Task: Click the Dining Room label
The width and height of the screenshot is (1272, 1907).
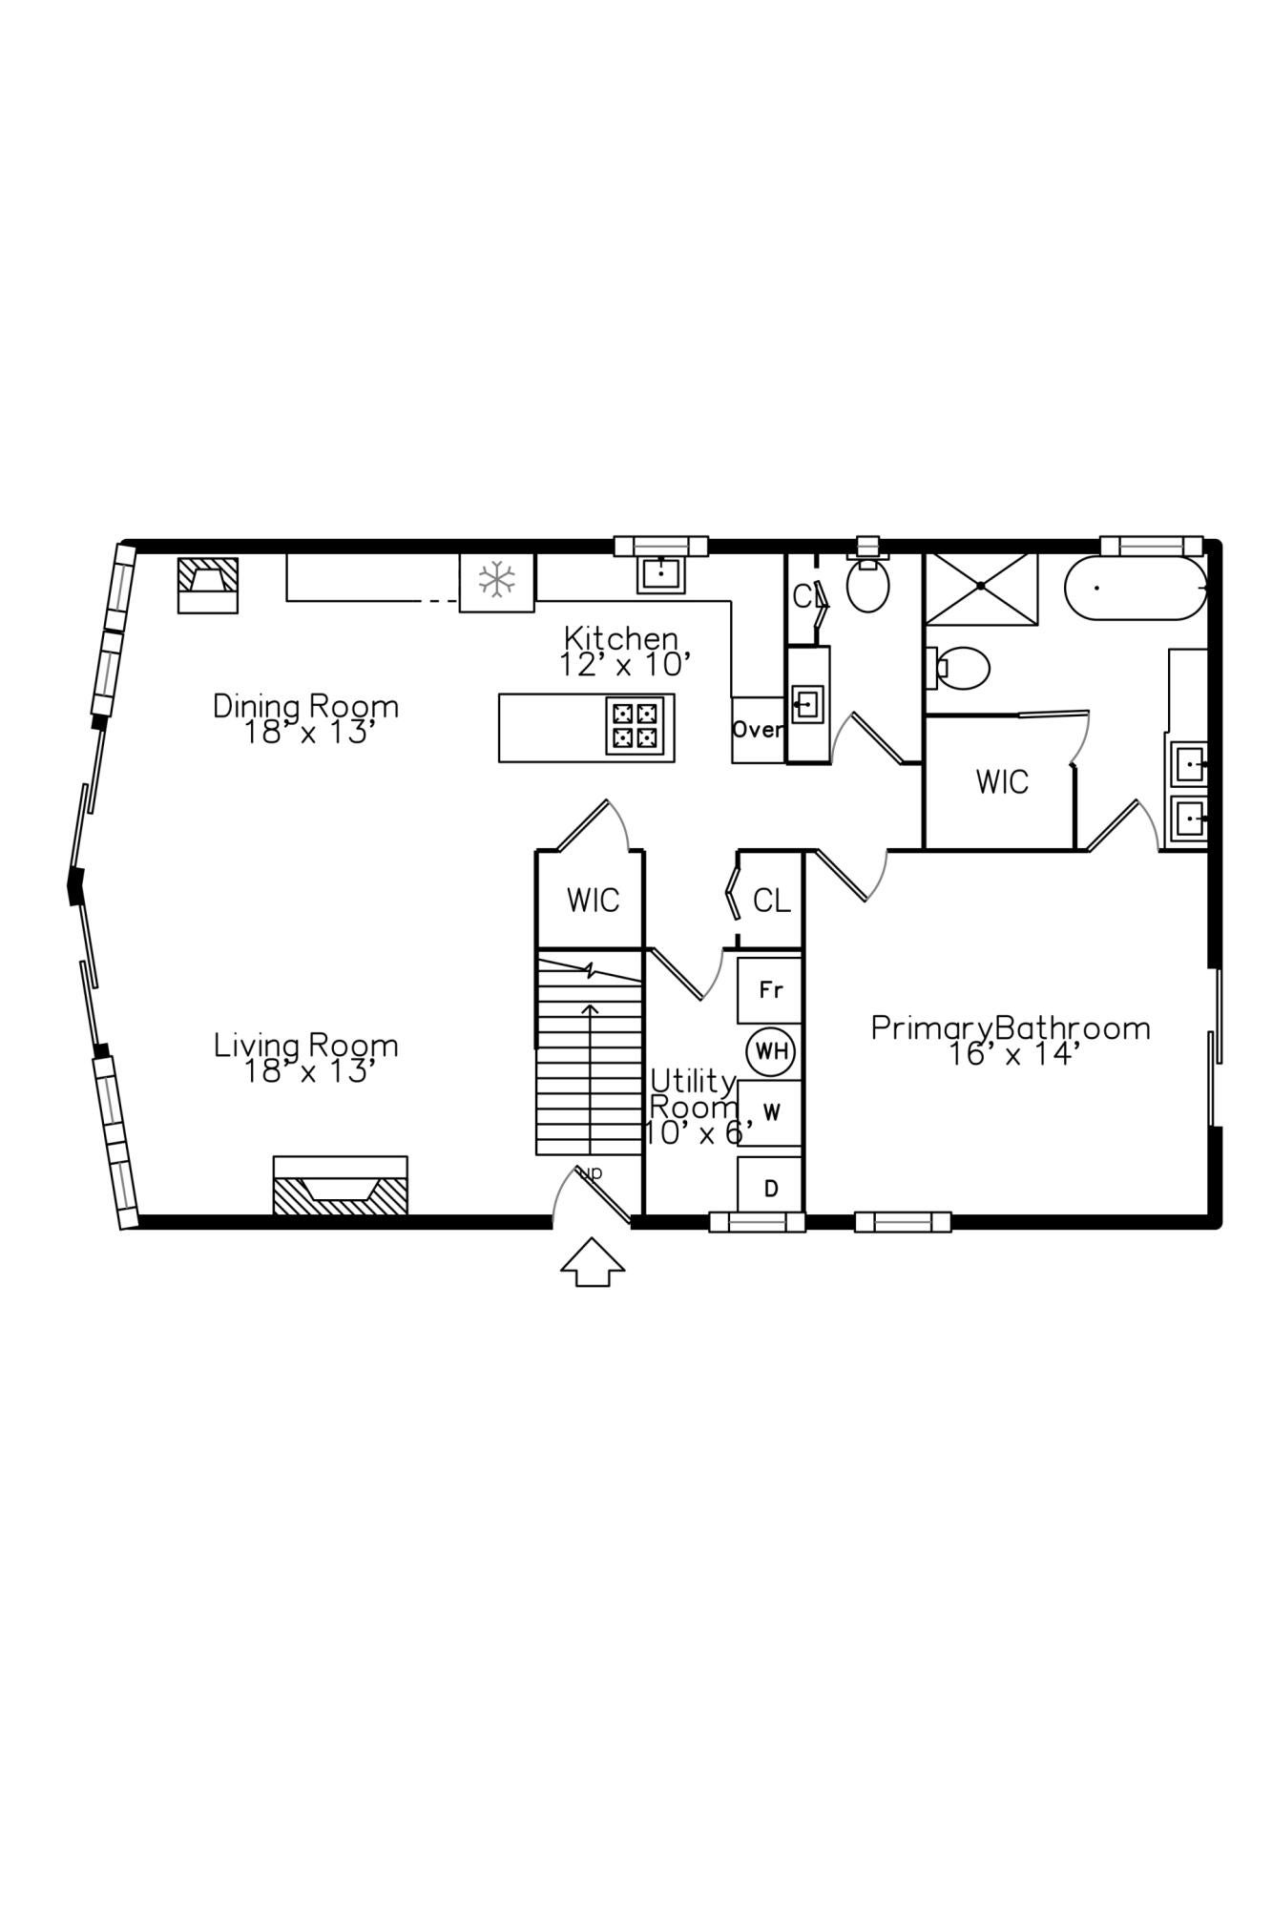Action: click(305, 718)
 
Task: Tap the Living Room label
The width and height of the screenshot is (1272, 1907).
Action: click(305, 1057)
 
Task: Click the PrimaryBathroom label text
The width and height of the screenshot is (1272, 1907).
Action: click(1011, 1040)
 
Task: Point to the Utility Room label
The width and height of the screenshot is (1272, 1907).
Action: click(694, 1107)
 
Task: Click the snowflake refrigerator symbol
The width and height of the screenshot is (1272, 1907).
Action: click(497, 580)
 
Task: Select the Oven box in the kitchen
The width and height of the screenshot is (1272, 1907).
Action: click(758, 730)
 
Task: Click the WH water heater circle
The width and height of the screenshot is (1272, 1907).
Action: click(771, 1051)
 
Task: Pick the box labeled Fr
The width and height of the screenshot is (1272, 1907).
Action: click(771, 990)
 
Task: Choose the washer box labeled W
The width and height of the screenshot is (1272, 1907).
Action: click(771, 1112)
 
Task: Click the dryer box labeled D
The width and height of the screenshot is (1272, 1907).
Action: click(771, 1188)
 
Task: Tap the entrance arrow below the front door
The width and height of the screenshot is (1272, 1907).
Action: click(593, 1263)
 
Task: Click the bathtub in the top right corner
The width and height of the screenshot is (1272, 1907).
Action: click(1135, 588)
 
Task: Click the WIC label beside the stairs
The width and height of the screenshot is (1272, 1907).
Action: click(593, 900)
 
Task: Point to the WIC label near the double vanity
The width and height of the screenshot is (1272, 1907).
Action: click(1002, 782)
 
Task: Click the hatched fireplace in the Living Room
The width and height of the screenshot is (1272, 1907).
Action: click(341, 1187)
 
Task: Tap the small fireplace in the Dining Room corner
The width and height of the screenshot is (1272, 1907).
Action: click(208, 584)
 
